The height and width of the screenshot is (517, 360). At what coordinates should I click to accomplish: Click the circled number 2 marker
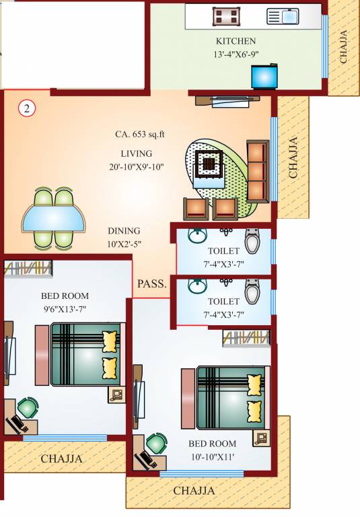pos(26,108)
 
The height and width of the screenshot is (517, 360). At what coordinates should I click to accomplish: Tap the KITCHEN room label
pos(236,41)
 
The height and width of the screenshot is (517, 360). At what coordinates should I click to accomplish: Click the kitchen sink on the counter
pos(283,15)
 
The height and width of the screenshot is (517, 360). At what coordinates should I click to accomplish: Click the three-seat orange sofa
pos(257,172)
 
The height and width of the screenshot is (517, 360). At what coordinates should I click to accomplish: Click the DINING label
pos(124,230)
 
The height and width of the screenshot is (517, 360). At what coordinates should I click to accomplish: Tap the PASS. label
pos(152,284)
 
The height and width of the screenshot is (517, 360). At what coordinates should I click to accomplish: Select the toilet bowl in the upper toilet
pos(252,240)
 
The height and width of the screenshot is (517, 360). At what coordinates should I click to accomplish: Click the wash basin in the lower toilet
pos(196,285)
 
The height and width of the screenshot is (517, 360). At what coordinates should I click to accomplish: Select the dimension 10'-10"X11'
pos(212,457)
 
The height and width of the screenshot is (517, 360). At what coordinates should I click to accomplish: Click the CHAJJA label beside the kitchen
pos(344,46)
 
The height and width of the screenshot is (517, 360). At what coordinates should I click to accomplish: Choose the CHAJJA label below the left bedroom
pos(62,459)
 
